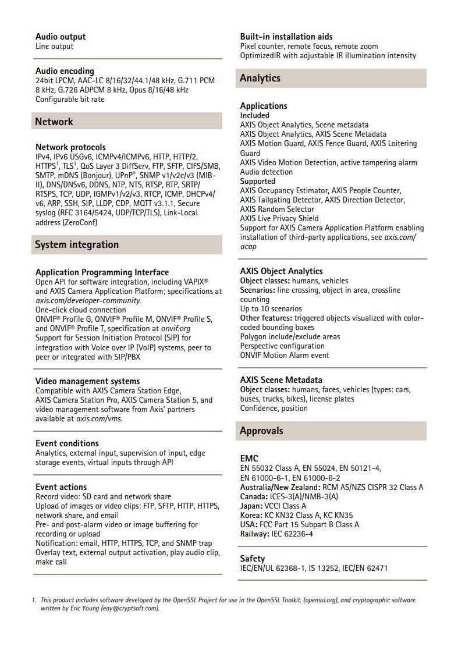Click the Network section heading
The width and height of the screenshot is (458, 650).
(54, 122)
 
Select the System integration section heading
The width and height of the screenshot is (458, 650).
(76, 244)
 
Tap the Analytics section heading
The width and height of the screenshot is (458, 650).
(260, 78)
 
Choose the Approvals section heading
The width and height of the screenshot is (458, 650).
(262, 431)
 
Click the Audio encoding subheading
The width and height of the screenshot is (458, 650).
(65, 71)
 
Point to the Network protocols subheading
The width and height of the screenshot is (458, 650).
(70, 147)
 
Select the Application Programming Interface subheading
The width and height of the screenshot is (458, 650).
(102, 272)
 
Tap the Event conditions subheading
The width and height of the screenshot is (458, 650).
(67, 443)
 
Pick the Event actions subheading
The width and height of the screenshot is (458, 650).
(61, 487)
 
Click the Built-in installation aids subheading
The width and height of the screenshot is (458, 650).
(286, 37)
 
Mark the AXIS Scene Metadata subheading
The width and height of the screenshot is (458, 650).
(281, 380)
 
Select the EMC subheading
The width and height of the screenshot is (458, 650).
(249, 459)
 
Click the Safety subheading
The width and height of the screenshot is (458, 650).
(253, 559)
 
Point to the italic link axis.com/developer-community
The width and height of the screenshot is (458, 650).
(88, 300)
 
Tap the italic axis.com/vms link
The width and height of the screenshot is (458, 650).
(99, 418)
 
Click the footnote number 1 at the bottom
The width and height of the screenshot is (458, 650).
(34, 600)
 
